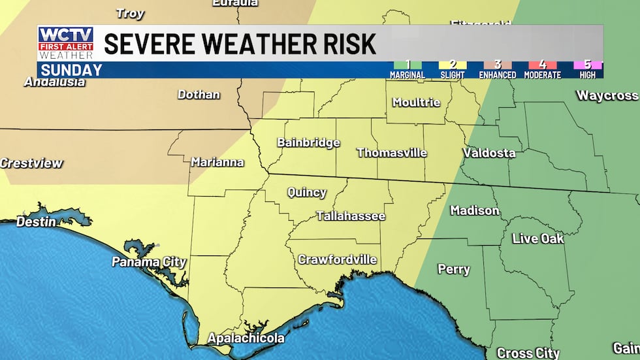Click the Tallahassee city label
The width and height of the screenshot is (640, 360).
click(351, 216)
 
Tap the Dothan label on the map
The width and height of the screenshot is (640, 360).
click(199, 95)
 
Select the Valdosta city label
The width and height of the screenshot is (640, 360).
click(488, 153)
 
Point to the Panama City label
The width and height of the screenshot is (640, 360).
click(149, 262)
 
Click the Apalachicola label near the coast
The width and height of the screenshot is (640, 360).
click(246, 338)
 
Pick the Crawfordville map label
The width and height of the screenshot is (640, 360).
click(337, 259)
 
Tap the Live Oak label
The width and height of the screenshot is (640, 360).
click(537, 238)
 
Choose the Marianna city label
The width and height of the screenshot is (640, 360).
click(217, 162)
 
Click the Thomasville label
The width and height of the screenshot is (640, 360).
click(391, 153)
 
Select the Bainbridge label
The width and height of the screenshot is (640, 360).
click(308, 142)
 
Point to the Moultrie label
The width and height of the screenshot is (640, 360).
click(416, 103)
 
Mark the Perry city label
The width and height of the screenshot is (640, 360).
click(453, 269)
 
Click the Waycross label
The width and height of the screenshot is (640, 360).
click(607, 95)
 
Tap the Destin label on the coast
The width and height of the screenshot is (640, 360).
click(36, 222)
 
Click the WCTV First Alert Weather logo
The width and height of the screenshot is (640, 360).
click(65, 43)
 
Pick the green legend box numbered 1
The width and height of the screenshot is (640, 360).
click(408, 65)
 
